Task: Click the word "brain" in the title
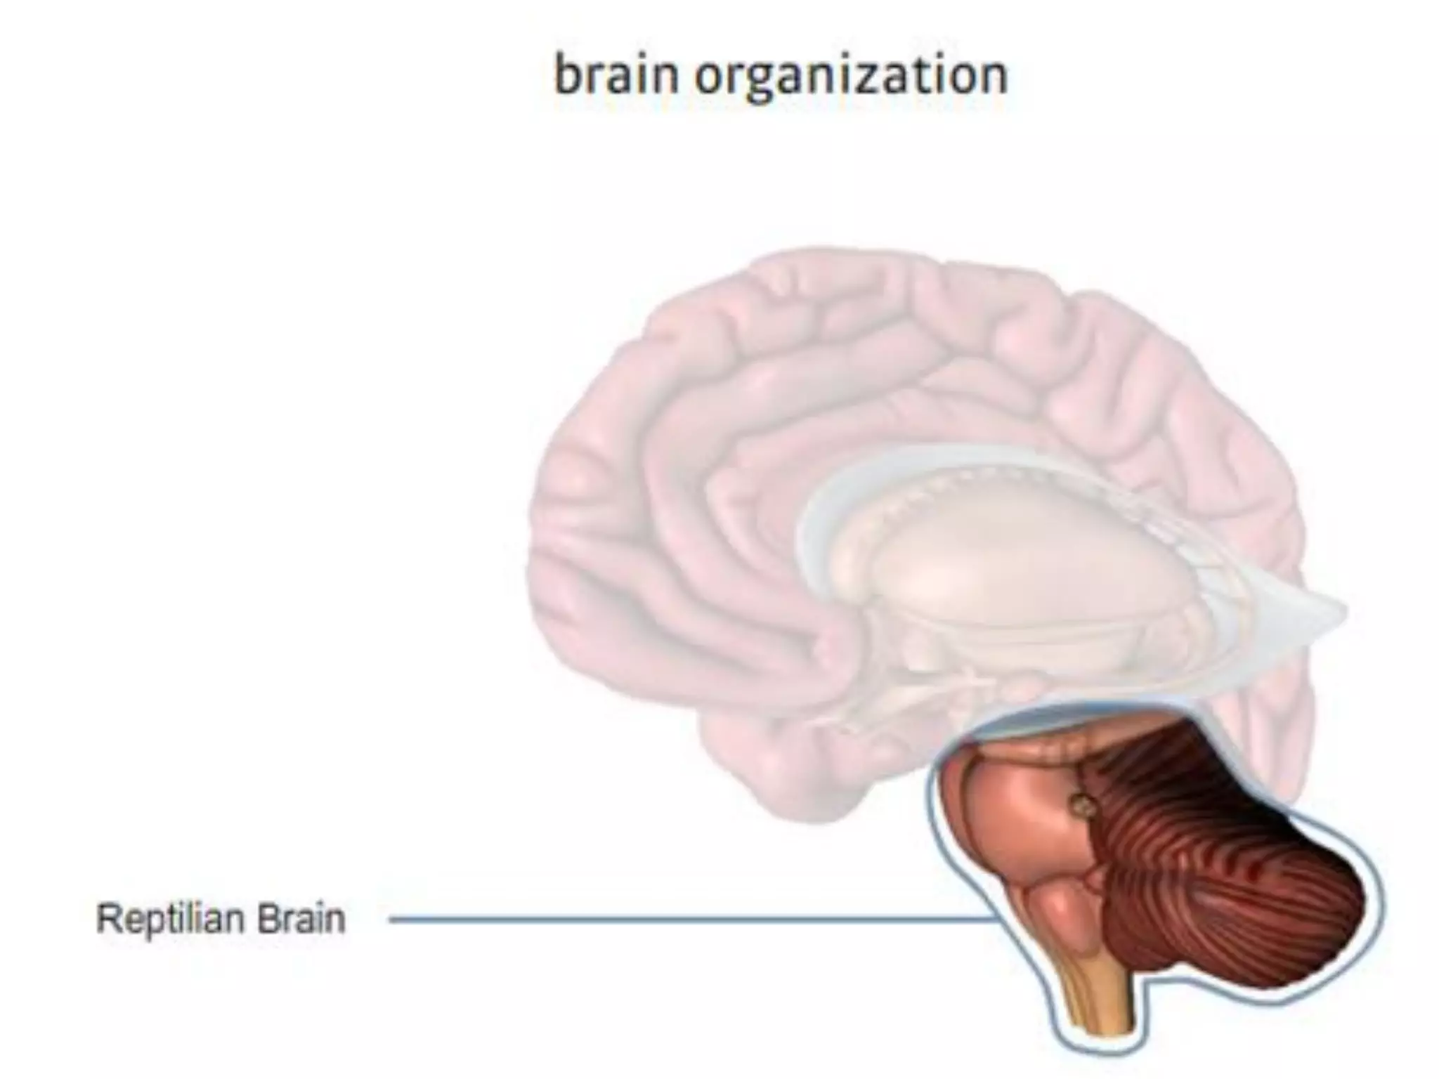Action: [x=616, y=75]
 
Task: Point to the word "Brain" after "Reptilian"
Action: [x=301, y=918]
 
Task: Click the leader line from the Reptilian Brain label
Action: [x=689, y=919]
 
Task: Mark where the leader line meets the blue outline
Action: [x=996, y=919]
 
